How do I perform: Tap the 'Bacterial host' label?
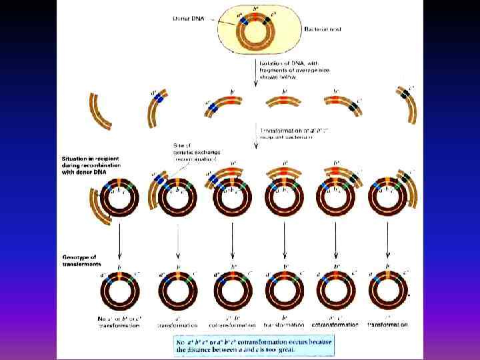pos(323,30)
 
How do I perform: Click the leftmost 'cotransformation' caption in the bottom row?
pos(233,325)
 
